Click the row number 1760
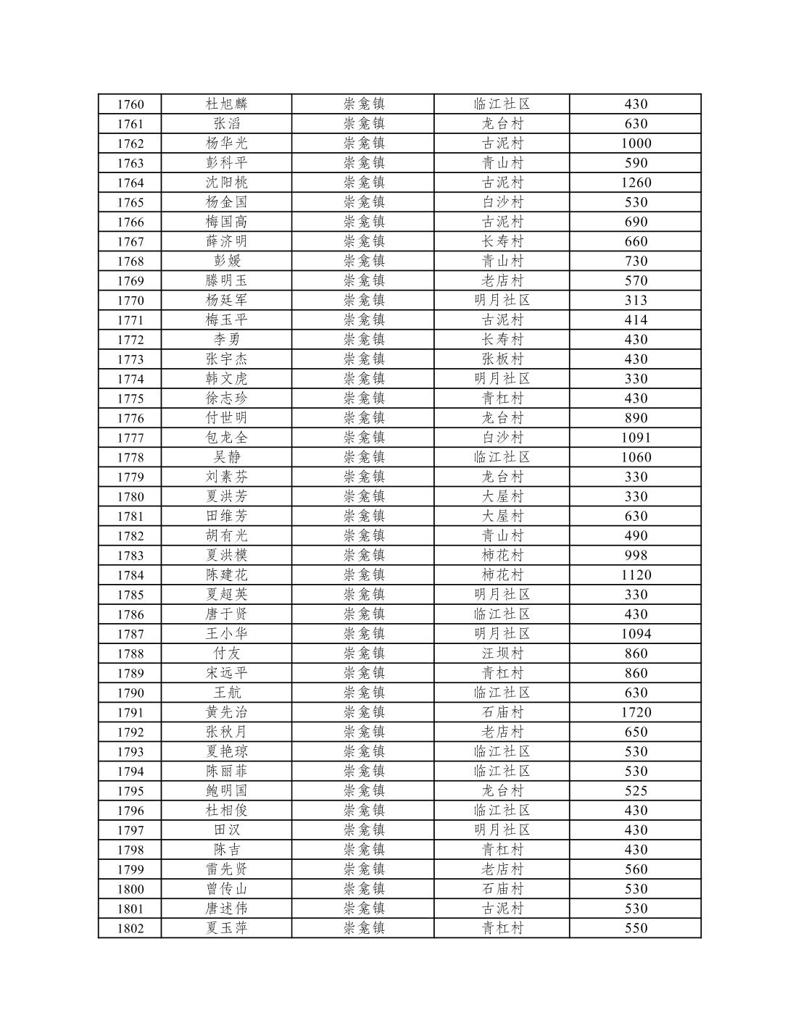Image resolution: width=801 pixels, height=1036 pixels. click(x=130, y=104)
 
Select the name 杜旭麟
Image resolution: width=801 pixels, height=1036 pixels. click(x=226, y=104)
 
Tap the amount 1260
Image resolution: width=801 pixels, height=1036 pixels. click(x=636, y=183)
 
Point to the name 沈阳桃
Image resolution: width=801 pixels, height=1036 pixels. click(x=226, y=183)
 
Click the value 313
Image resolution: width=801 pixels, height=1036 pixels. click(x=636, y=301)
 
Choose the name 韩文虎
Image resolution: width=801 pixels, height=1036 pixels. click(x=226, y=379)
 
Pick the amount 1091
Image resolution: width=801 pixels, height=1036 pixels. click(x=636, y=438)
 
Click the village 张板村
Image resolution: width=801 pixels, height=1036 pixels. click(x=502, y=359)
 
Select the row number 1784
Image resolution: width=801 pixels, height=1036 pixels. click(x=130, y=575)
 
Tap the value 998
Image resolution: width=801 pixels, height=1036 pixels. click(x=636, y=556)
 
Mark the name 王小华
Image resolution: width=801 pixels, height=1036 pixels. click(x=226, y=634)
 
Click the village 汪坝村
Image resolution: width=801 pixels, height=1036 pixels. click(x=502, y=653)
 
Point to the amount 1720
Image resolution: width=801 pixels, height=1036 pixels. click(x=636, y=712)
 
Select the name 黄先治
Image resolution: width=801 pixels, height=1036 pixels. click(x=226, y=712)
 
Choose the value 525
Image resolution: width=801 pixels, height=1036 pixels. click(x=636, y=791)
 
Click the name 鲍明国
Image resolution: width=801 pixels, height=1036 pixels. click(x=226, y=791)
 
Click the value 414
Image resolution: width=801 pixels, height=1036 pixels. click(x=636, y=320)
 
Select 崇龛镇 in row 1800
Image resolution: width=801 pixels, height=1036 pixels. click(x=364, y=889)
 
